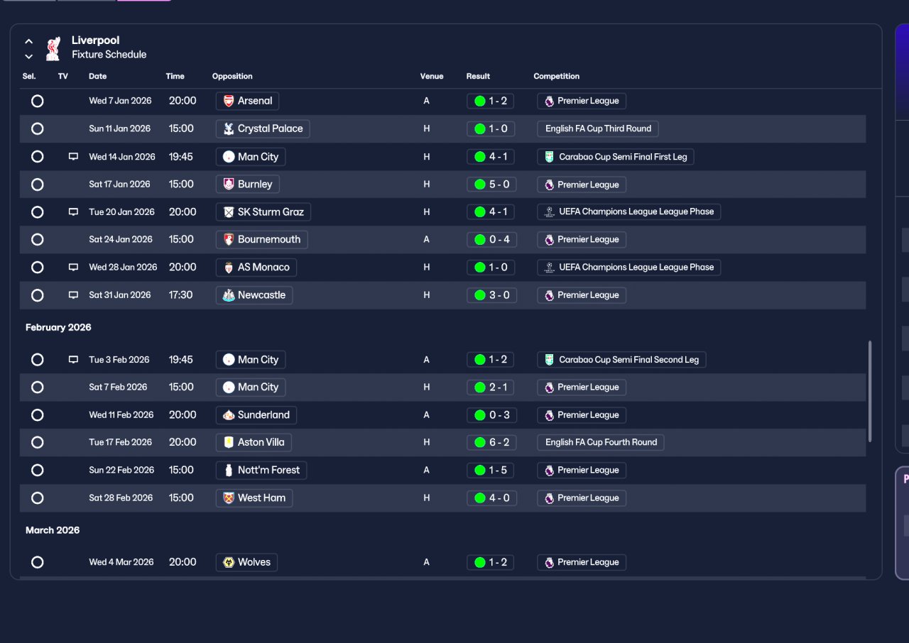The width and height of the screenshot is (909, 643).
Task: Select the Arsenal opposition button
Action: [247, 101]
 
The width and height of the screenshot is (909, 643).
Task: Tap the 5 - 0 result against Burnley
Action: [491, 185]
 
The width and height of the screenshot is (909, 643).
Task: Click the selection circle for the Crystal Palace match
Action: [38, 129]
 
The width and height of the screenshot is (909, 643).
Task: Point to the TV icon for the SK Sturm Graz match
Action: [73, 212]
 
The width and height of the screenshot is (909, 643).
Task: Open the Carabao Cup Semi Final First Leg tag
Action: [615, 157]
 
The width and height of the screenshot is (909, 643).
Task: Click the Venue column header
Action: [431, 76]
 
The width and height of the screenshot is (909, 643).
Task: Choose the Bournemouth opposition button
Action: [262, 240]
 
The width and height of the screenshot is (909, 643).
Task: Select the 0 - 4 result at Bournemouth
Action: [491, 240]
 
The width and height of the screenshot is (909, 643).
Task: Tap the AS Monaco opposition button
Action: [256, 268]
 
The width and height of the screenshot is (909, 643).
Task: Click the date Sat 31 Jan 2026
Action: [120, 295]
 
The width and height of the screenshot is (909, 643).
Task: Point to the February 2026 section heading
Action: [58, 328]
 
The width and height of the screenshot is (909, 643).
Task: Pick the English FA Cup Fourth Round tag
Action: [601, 442]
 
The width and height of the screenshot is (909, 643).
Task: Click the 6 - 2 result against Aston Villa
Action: [491, 442]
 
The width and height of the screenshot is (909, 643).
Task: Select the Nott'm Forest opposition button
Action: [261, 471]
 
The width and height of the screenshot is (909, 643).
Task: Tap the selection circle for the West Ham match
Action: [38, 498]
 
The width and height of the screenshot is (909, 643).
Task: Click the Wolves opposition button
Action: [246, 562]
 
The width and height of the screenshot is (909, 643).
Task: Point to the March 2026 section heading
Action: [53, 530]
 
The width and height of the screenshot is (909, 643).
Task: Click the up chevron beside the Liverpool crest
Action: [29, 41]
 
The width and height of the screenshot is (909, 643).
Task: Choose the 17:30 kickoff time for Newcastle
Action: [180, 295]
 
